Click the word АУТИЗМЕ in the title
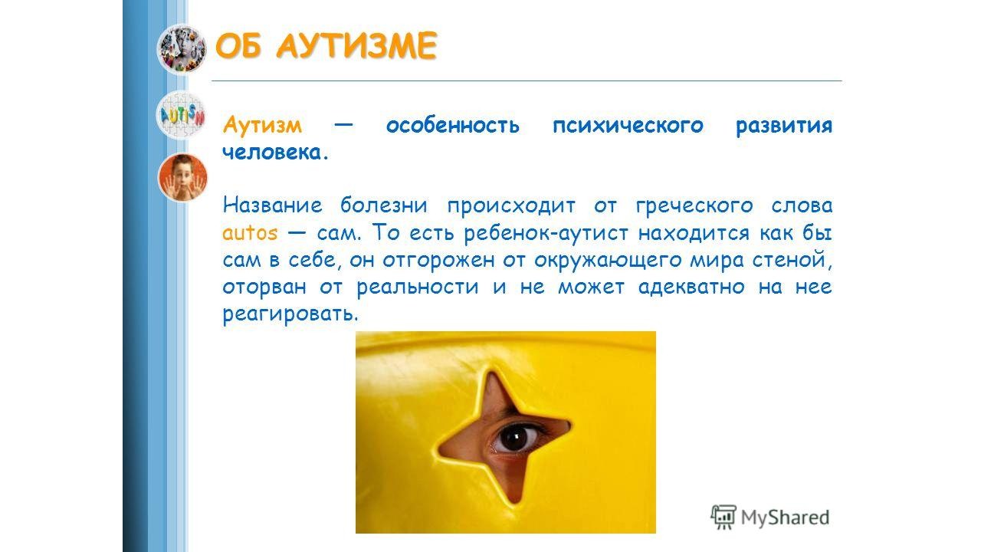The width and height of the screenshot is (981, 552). point(356,45)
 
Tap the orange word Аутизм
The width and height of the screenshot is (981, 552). point(262,126)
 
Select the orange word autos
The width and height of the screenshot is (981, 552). point(250,233)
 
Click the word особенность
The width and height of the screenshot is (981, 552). point(453,125)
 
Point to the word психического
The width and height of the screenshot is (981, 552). point(628,126)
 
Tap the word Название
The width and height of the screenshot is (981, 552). point(272,205)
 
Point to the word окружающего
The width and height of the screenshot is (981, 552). point(608,260)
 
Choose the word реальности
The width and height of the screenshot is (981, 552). point(418,287)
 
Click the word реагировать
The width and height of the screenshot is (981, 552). point(290,314)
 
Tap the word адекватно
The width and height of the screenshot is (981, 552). point(691,287)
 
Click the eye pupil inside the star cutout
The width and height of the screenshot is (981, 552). point(513,437)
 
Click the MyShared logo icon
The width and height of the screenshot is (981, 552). point(723,517)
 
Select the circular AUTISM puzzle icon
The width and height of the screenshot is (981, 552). point(181,115)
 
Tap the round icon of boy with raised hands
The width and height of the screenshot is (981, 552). point(182,177)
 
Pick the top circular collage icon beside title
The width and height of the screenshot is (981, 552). point(182,49)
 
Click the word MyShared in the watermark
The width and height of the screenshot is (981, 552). point(786,517)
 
